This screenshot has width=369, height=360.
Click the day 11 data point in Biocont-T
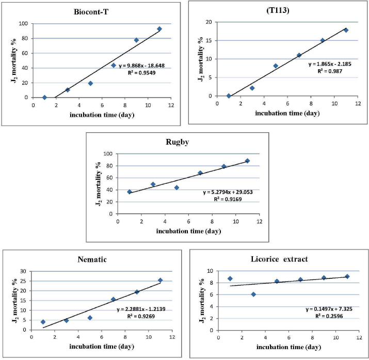159,29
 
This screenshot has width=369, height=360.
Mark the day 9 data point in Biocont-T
137,40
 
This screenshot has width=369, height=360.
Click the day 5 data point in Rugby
177,187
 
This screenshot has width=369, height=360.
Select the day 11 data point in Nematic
161,280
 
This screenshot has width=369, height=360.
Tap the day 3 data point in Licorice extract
253,294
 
